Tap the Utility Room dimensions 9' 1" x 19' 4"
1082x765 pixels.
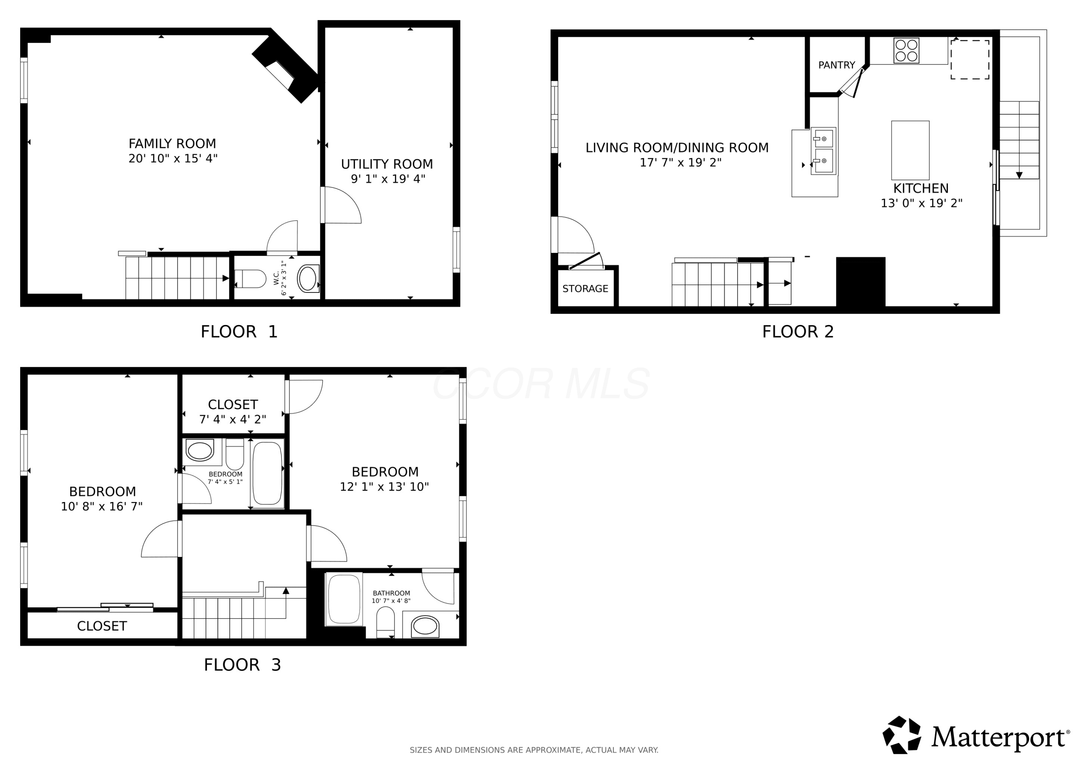[388, 179]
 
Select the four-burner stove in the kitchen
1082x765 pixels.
[906, 50]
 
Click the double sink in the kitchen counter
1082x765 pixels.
[823, 151]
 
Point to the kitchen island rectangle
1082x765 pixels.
[910, 150]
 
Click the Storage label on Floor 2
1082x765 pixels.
[585, 289]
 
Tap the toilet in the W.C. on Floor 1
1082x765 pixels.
[250, 278]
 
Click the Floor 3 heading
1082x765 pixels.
[242, 665]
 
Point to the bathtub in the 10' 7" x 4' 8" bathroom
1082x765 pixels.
[344, 599]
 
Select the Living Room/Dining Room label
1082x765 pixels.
[677, 148]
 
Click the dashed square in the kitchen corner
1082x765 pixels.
[970, 60]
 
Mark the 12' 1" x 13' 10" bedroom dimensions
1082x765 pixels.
[384, 487]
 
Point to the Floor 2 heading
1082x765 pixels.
[798, 332]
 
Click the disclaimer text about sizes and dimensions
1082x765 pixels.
[534, 750]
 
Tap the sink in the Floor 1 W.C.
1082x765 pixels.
[308, 278]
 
